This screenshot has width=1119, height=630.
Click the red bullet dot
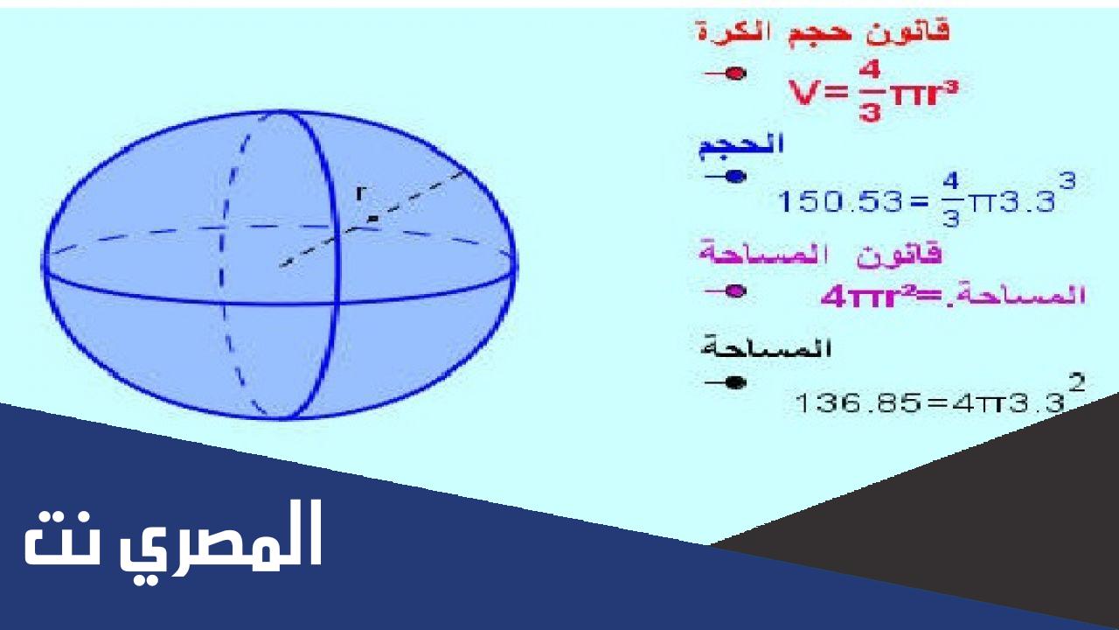tap(735, 73)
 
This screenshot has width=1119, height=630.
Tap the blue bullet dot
tap(735, 176)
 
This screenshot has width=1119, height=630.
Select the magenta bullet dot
tap(735, 291)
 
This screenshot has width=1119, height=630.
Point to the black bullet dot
tap(735, 382)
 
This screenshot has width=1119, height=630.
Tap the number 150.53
tap(840, 202)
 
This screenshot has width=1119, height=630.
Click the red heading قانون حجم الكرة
tap(823, 31)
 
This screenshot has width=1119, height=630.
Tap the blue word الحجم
tap(740, 145)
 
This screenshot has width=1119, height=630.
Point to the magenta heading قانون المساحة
tap(820, 254)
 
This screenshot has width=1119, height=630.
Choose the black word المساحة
tap(767, 347)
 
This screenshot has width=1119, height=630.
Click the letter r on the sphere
tap(359, 192)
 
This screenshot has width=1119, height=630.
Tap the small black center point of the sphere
tap(372, 219)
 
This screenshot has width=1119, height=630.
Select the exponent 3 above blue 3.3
tap(1067, 180)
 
